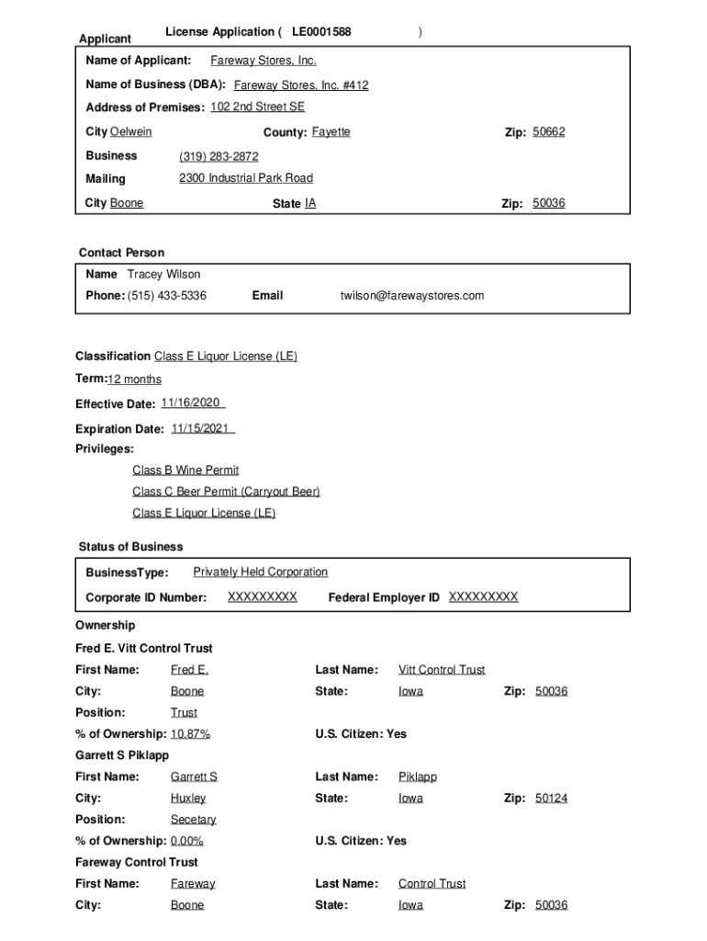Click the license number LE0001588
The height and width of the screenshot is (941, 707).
point(321,32)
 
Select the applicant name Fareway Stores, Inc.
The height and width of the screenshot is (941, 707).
point(264,61)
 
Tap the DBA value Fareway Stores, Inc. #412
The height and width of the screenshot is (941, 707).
point(301,85)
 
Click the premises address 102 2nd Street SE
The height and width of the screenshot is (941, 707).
point(257,107)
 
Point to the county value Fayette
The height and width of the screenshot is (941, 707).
point(331,132)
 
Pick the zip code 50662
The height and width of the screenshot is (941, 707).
point(549,132)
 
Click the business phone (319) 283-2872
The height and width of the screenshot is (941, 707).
point(219,157)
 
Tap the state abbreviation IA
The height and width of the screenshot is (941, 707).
point(309,203)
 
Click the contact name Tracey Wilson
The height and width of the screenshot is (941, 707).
point(163,274)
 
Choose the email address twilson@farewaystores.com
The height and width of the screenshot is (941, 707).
point(412,296)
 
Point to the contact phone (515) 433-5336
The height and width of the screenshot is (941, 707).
point(167,296)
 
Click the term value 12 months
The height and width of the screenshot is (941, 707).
point(134,380)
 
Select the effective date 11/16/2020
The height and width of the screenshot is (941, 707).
point(192,403)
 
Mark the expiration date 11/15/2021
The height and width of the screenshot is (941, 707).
point(202,428)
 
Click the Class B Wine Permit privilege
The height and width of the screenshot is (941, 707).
point(185,470)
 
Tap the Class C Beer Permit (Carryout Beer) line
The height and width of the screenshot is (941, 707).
point(226,492)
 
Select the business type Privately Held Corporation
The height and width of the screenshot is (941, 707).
point(260,573)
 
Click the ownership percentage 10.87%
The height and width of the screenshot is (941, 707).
point(190,734)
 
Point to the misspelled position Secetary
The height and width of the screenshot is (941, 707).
point(193,820)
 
